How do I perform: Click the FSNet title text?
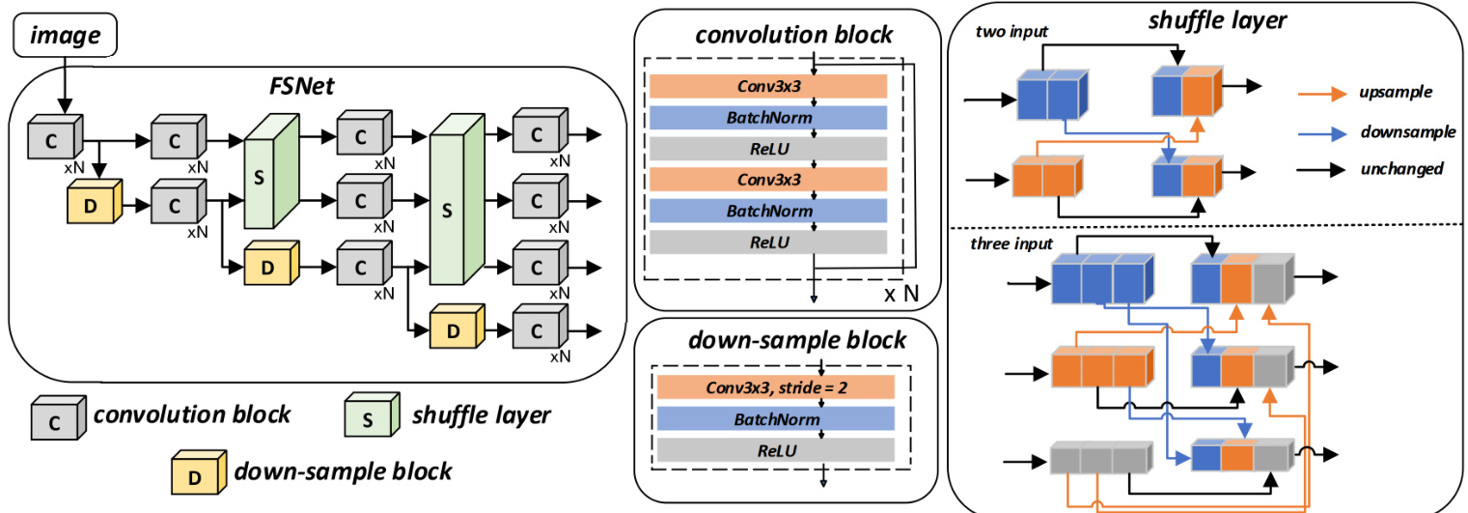(302, 83)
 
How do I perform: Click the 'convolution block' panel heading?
(794, 37)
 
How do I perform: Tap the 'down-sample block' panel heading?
(796, 341)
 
